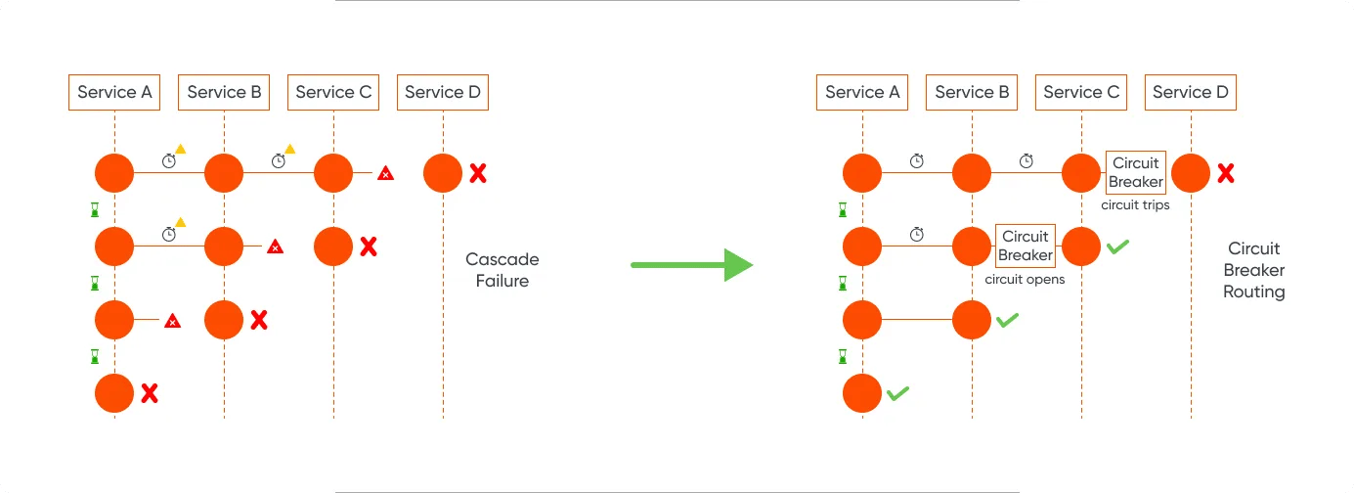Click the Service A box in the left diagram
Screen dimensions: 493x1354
[x=114, y=93]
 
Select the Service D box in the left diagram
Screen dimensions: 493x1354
[x=443, y=93]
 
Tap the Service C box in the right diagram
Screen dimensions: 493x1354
[x=1081, y=93]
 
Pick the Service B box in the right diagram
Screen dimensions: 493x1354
[x=972, y=93]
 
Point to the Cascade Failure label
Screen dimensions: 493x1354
[x=502, y=270]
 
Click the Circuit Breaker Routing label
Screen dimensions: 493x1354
[x=1253, y=270]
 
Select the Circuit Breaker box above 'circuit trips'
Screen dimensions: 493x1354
[x=1135, y=173]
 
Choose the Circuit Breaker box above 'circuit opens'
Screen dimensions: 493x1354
[x=1026, y=246]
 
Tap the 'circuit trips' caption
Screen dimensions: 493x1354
[x=1135, y=205]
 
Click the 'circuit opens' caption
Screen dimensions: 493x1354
[x=1025, y=279]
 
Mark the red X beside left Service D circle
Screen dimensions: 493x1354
[x=477, y=174]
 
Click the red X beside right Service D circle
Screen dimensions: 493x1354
[x=1225, y=174]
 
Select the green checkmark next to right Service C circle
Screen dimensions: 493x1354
[x=1117, y=246]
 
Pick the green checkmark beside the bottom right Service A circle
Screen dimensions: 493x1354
[x=897, y=393]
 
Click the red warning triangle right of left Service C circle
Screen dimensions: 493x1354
[x=386, y=174]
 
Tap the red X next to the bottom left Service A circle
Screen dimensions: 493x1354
[x=149, y=393]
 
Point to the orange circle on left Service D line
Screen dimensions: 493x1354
[x=443, y=173]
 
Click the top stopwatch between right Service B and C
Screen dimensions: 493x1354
[x=1026, y=160]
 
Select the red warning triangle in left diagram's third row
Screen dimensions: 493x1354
[x=173, y=320]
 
